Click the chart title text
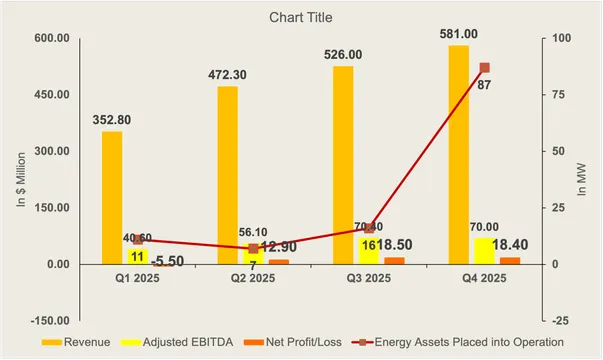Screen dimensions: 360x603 [301, 18]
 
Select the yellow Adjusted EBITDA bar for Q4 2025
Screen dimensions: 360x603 [484, 251]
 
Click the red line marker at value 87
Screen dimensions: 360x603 [485, 68]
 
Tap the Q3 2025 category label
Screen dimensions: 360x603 [369, 279]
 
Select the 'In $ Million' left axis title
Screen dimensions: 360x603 [19, 180]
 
